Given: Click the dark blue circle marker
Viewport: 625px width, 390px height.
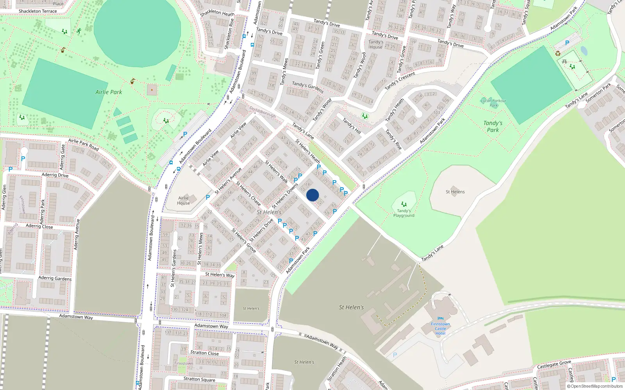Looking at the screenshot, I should pyautogui.click(x=312, y=195).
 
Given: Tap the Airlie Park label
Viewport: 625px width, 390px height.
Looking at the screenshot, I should pyautogui.click(x=109, y=92).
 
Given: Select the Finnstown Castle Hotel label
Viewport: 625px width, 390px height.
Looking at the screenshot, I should pyautogui.click(x=440, y=329).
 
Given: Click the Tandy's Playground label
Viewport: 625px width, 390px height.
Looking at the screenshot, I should pyautogui.click(x=404, y=213).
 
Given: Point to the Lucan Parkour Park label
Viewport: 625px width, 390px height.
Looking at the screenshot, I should pyautogui.click(x=493, y=103).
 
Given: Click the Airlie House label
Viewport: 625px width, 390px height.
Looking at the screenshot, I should pyautogui.click(x=183, y=200).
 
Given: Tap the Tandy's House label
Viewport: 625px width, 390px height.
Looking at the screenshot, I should pyautogui.click(x=376, y=44).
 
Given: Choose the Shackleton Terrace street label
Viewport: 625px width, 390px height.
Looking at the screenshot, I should pyautogui.click(x=37, y=11).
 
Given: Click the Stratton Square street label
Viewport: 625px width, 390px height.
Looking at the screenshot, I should pyautogui.click(x=199, y=379).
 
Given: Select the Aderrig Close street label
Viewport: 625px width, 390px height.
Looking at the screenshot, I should pyautogui.click(x=39, y=226).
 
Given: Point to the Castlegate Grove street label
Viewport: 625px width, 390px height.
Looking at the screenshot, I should pyautogui.click(x=554, y=365).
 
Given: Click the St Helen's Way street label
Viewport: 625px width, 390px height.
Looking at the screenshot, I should pyautogui.click(x=220, y=275).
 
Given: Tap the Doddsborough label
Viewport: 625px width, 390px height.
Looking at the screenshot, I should pyautogui.click(x=262, y=112).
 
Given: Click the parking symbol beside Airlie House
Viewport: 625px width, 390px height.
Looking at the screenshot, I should pyautogui.click(x=208, y=197).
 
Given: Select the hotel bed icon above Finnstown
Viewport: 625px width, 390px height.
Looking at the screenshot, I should pyautogui.click(x=441, y=319).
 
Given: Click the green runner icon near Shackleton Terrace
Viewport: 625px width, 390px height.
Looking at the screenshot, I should pyautogui.click(x=79, y=30).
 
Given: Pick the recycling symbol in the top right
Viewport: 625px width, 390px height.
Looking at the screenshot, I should pyautogui.click(x=558, y=53).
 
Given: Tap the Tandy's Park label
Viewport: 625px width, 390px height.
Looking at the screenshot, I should pyautogui.click(x=493, y=126).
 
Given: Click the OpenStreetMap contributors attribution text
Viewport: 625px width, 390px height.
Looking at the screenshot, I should pyautogui.click(x=595, y=386).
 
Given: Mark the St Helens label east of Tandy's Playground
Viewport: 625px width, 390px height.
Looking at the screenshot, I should pyautogui.click(x=455, y=192).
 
